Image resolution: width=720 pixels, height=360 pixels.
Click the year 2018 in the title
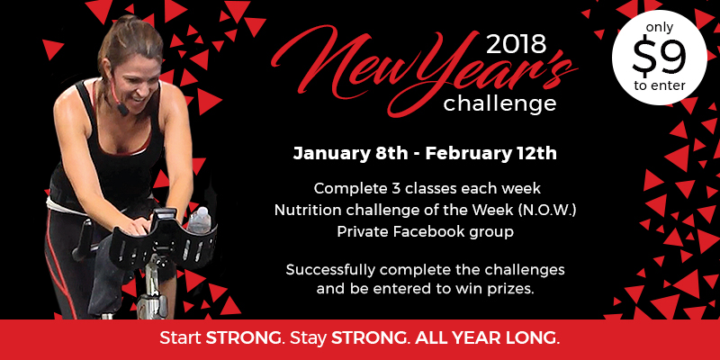coord(517,45)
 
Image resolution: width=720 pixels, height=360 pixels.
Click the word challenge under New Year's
coord(499,103)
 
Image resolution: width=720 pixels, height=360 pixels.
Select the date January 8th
coord(350,153)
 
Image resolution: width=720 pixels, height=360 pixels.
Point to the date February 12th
coord(490,153)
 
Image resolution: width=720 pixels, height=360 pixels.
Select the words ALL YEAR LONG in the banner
coord(488,339)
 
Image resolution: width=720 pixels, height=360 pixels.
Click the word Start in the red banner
coord(180,339)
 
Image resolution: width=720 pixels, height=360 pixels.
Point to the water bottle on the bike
coord(199,220)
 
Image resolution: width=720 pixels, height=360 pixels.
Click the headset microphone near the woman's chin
coord(122,110)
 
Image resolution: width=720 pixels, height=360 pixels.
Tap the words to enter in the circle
coord(660,85)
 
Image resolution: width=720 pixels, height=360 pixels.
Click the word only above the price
coord(660,29)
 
